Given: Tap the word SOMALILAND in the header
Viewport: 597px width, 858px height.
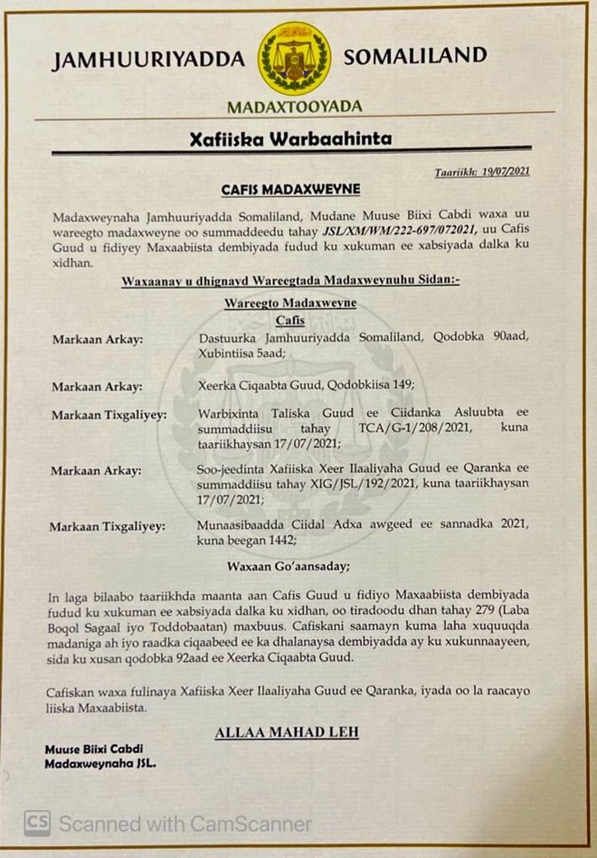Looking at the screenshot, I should pyautogui.click(x=415, y=58).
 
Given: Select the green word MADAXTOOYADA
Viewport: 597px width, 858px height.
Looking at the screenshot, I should pyautogui.click(x=294, y=107).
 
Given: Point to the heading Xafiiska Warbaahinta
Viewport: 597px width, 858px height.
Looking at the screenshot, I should pyautogui.click(x=291, y=140).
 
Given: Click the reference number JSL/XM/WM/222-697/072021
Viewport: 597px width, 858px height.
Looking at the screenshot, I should pyautogui.click(x=398, y=231).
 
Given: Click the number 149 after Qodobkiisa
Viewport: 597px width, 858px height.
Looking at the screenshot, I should pyautogui.click(x=403, y=386).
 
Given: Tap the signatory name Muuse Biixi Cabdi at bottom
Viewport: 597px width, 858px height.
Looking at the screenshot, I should pyautogui.click(x=94, y=749).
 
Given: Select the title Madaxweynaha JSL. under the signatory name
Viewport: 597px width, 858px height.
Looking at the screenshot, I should pyautogui.click(x=100, y=764).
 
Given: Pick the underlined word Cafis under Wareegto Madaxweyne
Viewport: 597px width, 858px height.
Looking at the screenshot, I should pyautogui.click(x=290, y=319).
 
